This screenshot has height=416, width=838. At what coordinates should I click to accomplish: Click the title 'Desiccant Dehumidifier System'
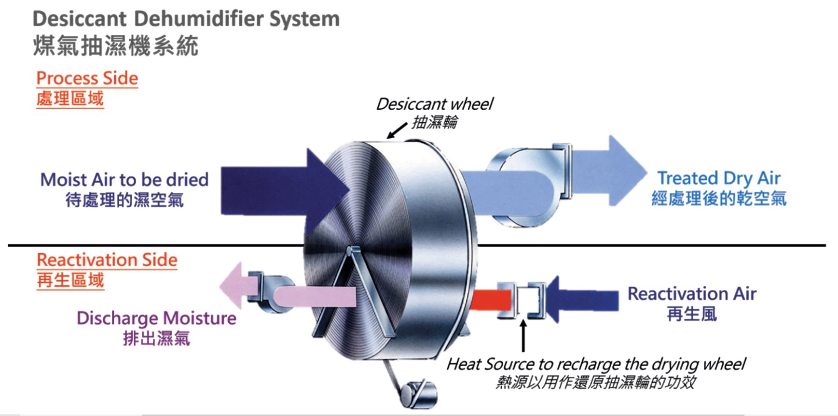point(186,19)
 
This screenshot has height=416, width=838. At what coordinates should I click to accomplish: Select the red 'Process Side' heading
point(87,78)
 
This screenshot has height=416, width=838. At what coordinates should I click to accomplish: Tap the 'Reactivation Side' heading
point(107,260)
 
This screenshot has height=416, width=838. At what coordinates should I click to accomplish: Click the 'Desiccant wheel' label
point(435,104)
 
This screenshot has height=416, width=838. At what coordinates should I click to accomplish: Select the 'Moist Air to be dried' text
point(124,180)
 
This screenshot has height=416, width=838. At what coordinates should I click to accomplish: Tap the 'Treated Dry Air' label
point(719,178)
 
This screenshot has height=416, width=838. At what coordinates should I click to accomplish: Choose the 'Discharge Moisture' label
point(156,318)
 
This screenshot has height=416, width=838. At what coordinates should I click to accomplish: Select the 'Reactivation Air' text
point(692,294)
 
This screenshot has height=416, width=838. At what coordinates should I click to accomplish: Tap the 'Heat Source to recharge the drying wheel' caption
point(596,364)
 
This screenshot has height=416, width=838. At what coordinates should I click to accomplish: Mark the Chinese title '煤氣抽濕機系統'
point(116,47)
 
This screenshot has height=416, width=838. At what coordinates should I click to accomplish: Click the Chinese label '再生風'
point(692,315)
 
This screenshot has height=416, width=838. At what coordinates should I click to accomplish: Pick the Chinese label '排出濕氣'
point(156,338)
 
